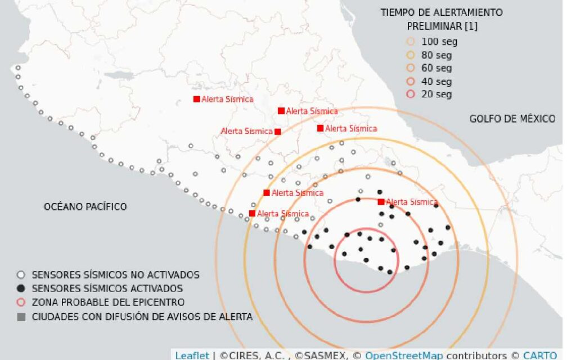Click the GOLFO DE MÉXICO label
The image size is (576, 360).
[x=512, y=119]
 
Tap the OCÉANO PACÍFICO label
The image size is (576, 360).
[x=85, y=207]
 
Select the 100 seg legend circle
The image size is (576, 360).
[x=411, y=42]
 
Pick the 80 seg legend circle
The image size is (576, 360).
[x=411, y=55]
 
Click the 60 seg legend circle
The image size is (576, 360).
[x=411, y=68]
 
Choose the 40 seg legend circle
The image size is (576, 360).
[x=411, y=82]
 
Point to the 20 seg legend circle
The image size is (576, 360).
[x=411, y=94]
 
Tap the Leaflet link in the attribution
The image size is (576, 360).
[x=192, y=355]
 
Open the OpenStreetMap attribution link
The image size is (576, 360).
[x=403, y=355]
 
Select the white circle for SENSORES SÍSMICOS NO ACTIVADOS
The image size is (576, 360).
[x=21, y=275]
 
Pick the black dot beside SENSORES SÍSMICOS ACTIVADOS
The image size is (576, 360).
[x=21, y=289]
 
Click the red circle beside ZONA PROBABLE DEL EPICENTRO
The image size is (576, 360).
[x=21, y=302]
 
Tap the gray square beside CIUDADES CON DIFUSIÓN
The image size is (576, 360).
[x=21, y=317]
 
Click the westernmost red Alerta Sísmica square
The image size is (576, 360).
[x=196, y=99]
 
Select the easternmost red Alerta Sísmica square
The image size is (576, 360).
[x=381, y=201]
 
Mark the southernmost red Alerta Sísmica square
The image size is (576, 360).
[x=252, y=213]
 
